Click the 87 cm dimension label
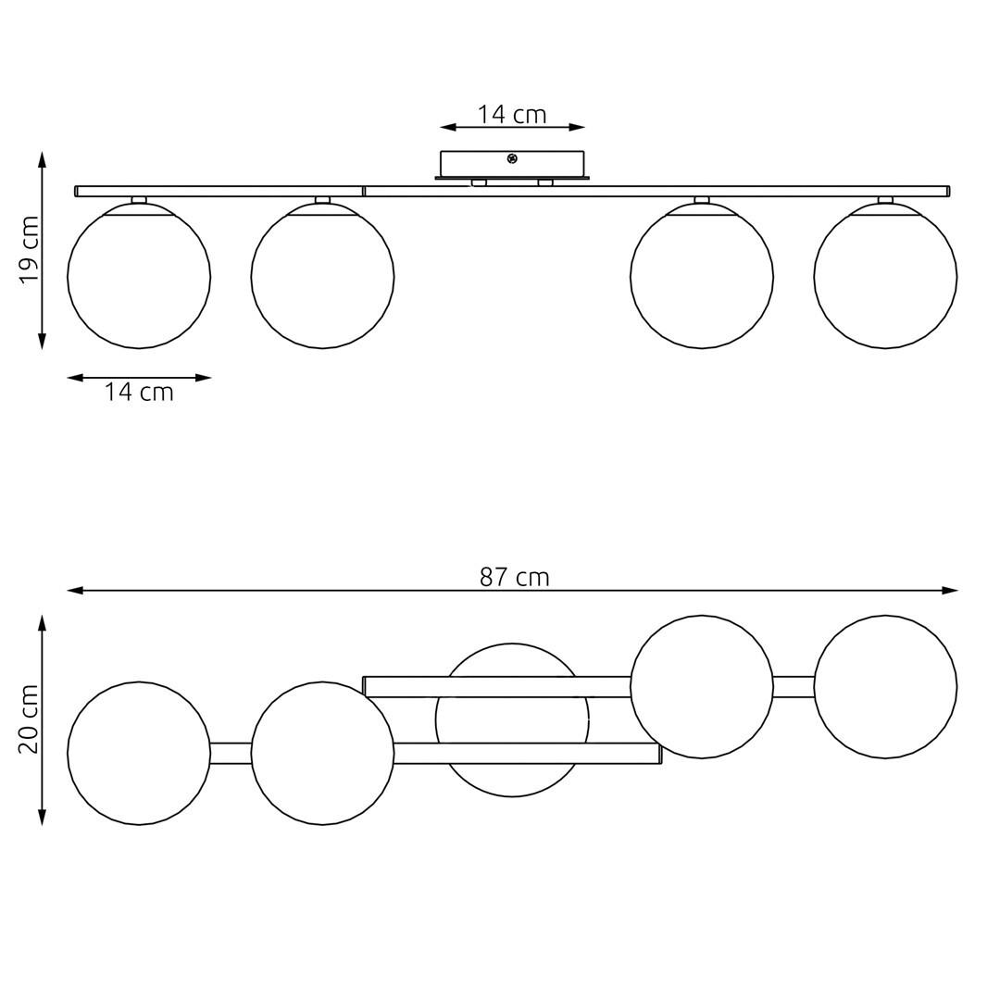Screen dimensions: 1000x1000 (514, 577)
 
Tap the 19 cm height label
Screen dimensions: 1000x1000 (30, 250)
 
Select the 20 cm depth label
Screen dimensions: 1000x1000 (30, 719)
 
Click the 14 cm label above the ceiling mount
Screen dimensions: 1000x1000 (512, 115)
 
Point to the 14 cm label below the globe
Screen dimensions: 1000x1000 (139, 393)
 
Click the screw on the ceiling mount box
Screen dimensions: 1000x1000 (511, 159)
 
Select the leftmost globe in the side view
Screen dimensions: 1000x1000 (139, 277)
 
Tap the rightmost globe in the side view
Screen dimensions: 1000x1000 (885, 277)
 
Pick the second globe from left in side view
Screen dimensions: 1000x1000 (323, 277)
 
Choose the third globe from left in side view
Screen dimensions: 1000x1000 (702, 277)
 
